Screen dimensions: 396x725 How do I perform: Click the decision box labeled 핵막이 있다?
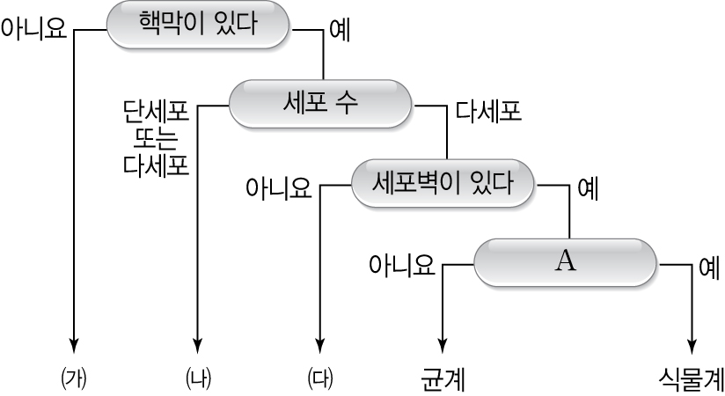point(198,25)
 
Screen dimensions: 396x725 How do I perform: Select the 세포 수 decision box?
point(320,103)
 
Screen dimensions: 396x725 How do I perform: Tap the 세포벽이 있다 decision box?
point(443,183)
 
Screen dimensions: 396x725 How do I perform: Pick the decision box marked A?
point(565,262)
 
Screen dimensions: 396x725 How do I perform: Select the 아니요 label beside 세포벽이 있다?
point(278,187)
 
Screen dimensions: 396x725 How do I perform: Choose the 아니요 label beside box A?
point(402,265)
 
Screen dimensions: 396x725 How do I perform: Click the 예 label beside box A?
point(709,266)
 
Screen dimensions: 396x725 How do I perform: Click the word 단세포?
point(157,112)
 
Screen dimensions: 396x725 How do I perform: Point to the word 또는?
point(157,138)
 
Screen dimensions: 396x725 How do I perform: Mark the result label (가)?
point(74,378)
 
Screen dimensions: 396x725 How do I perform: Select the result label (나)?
point(198,378)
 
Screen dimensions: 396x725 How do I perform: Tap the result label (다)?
point(320,378)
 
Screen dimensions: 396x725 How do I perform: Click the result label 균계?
point(443,379)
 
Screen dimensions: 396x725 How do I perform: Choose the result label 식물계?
point(691,379)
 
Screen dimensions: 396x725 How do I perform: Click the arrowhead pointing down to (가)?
point(74,345)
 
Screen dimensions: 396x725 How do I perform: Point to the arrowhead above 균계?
point(443,345)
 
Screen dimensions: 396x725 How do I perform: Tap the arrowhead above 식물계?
point(692,345)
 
